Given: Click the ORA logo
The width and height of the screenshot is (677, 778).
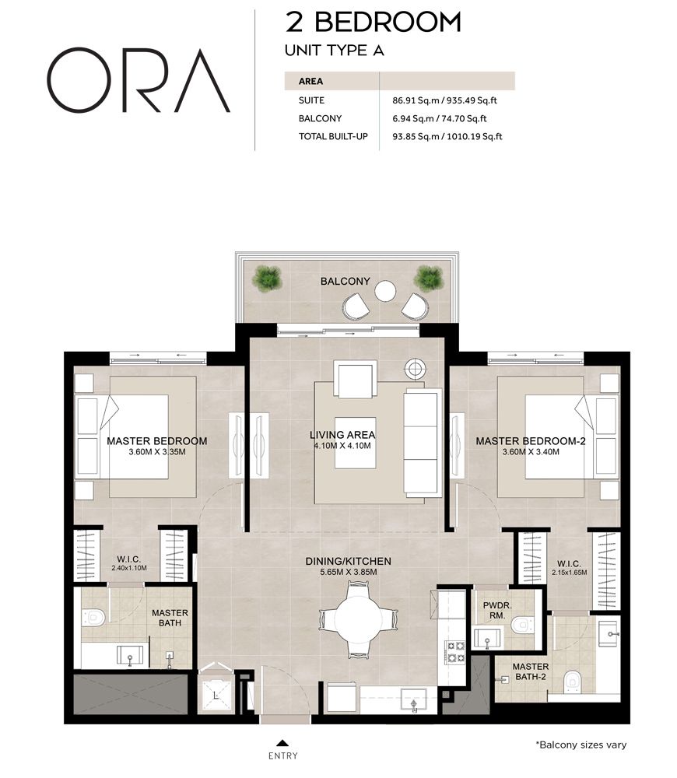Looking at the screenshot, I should tap(139, 82).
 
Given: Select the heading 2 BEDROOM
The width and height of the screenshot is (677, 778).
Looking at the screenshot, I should tap(374, 22).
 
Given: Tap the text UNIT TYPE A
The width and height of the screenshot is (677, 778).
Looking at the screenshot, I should tap(335, 51).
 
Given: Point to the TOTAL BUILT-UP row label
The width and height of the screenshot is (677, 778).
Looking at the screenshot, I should tap(333, 137).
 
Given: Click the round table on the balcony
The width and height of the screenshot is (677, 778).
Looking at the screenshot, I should tap(386, 291).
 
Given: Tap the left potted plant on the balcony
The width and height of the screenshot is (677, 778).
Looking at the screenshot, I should tap(268, 276).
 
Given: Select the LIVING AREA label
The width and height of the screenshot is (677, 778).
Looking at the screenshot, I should tap(342, 435).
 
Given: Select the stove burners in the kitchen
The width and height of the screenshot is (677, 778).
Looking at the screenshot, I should tap(454, 651).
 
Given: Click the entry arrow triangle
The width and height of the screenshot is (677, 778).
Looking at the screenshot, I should tap(282, 742).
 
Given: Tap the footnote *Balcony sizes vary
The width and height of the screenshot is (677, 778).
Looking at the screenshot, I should tap(581, 745).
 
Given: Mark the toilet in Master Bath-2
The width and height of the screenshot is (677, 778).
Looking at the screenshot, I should tap(574, 680).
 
